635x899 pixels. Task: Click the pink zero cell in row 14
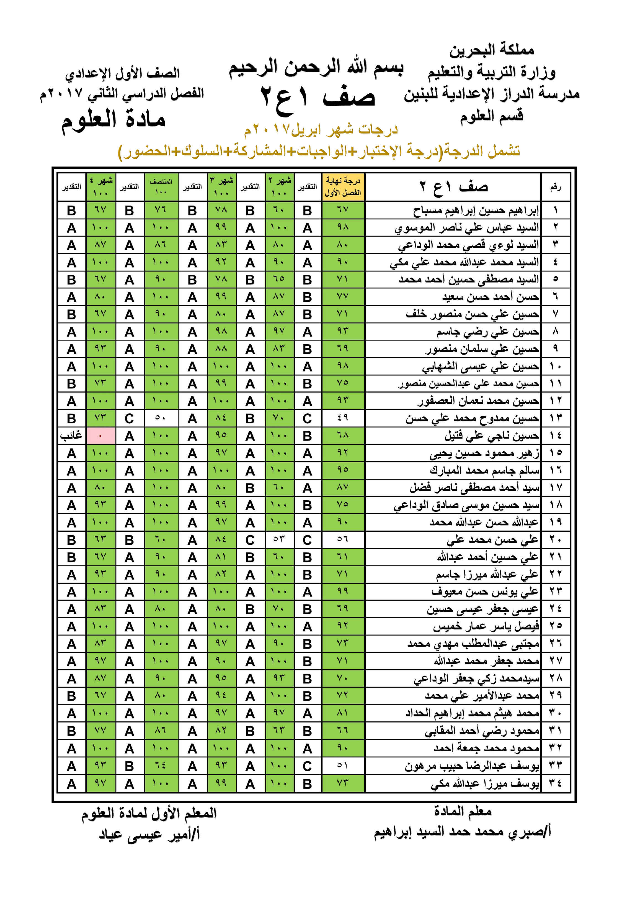click(x=100, y=436)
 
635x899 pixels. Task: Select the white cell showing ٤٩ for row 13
click(x=343, y=418)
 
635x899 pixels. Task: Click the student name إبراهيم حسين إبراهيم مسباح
click(x=476, y=211)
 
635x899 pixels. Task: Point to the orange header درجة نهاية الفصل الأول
click(x=343, y=187)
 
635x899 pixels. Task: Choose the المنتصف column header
click(x=161, y=187)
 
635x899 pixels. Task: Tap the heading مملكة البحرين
click(x=491, y=50)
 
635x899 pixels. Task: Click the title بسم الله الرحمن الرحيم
click(x=316, y=68)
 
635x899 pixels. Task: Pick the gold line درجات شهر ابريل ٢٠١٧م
click(x=321, y=130)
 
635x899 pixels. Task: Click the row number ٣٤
click(x=555, y=783)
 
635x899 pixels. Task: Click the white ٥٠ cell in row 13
click(x=161, y=418)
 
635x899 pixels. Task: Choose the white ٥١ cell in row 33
click(x=343, y=766)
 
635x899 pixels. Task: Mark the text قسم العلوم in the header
click(x=491, y=116)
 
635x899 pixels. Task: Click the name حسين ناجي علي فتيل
click(x=491, y=436)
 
